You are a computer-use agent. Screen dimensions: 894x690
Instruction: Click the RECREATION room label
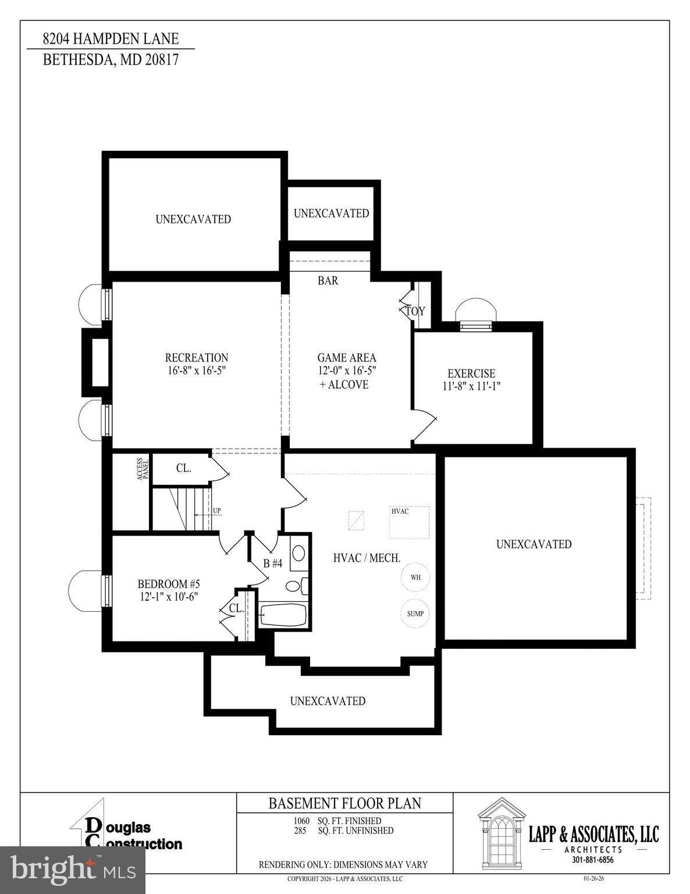[x=196, y=357]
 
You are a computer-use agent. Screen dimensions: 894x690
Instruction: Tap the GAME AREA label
[x=346, y=358]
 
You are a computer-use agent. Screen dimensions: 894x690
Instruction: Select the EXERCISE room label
[x=471, y=374]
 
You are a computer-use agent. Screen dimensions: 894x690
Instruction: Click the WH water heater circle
[x=415, y=577]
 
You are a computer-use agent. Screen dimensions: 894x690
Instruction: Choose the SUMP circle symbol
[x=415, y=613]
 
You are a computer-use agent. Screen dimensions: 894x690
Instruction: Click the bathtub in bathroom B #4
[x=283, y=615]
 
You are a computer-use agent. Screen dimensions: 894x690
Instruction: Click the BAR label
[x=328, y=281]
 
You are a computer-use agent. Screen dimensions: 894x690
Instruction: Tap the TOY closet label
[x=415, y=311]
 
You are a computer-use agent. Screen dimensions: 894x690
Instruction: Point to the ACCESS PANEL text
[x=143, y=469]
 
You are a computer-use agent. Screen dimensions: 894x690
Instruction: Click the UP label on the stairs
[x=216, y=511]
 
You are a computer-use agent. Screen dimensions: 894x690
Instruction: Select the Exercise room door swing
[x=425, y=425]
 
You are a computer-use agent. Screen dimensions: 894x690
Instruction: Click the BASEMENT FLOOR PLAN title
[x=344, y=803]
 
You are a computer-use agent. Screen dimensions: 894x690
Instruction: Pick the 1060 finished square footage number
[x=301, y=821]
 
